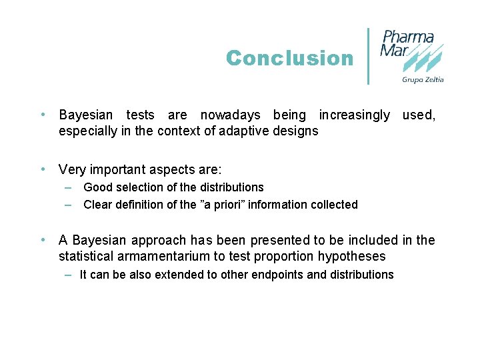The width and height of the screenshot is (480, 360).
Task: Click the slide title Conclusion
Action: (289, 58)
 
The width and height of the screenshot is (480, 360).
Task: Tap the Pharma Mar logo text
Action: (407, 43)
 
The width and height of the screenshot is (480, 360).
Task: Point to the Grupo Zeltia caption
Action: (423, 79)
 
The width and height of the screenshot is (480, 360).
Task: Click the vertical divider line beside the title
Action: (369, 56)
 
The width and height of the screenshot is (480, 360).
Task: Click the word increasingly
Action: (354, 115)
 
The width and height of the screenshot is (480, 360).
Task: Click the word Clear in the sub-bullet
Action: (97, 205)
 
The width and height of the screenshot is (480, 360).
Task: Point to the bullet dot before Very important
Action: (43, 169)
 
